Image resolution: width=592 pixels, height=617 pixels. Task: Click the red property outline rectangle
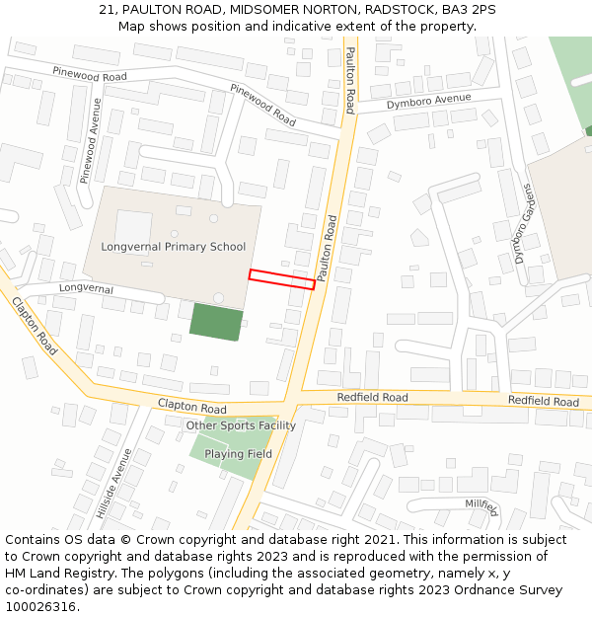tap(281, 279)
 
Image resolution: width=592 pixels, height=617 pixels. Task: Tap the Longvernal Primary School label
tap(173, 247)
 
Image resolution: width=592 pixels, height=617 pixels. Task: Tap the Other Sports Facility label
tap(241, 425)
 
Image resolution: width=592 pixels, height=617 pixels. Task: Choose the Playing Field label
tap(238, 454)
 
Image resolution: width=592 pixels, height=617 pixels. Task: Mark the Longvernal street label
tap(86, 289)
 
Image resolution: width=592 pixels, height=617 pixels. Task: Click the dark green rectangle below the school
tap(216, 322)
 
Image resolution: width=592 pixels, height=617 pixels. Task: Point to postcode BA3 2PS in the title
tap(469, 10)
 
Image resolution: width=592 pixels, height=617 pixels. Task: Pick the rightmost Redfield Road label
tap(544, 402)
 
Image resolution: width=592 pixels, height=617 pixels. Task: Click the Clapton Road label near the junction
tap(192, 407)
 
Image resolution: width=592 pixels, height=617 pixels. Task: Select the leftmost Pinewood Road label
tap(90, 75)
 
